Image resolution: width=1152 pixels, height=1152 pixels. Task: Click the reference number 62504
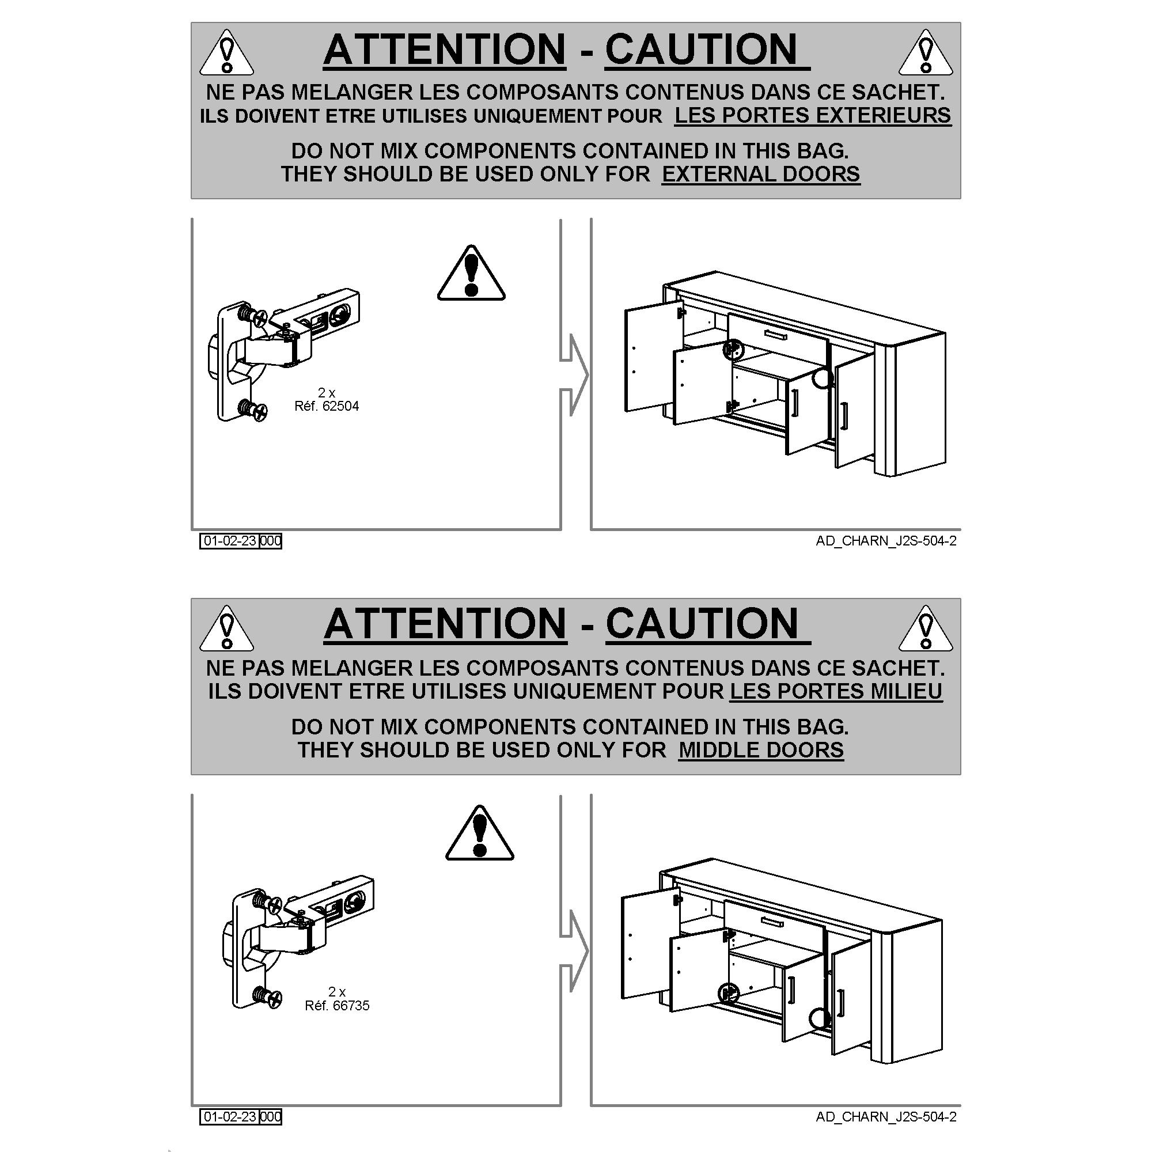340,406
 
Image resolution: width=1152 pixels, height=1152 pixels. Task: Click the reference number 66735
351,1005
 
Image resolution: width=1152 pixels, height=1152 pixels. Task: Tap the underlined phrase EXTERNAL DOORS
761,174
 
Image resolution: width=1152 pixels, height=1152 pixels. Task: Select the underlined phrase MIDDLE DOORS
761,749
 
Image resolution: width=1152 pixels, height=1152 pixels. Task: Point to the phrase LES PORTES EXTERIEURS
813,115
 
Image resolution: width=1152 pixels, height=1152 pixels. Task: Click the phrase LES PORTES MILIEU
836,691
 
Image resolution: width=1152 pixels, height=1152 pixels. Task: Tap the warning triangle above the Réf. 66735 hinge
479,832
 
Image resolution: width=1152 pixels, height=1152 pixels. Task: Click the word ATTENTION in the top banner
444,49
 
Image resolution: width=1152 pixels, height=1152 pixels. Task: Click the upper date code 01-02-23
230,541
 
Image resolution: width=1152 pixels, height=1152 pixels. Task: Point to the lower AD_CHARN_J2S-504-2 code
886,1117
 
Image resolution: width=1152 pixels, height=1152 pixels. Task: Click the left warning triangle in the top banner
226,52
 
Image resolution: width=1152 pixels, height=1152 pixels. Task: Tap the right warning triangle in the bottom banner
926,628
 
